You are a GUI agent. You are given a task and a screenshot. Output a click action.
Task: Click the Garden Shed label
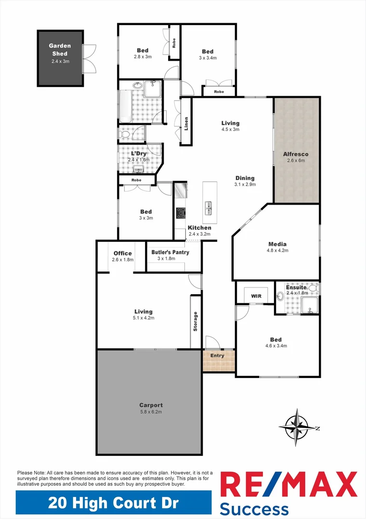click(60, 50)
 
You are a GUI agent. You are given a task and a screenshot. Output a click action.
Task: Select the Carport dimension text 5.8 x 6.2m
click(151, 412)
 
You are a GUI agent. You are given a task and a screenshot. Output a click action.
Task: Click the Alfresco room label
click(296, 154)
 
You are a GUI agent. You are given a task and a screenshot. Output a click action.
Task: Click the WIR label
click(256, 296)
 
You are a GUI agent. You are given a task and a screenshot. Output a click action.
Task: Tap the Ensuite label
click(296, 287)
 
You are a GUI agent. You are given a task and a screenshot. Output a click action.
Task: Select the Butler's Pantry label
click(170, 252)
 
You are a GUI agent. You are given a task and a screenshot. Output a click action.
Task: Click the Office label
click(122, 254)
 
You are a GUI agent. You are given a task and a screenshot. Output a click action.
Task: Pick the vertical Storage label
click(196, 322)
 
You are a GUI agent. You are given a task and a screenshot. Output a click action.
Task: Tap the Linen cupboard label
click(186, 123)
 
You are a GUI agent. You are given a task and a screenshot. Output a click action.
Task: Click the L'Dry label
click(139, 154)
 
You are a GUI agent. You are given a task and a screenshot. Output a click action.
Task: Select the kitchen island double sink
click(209, 208)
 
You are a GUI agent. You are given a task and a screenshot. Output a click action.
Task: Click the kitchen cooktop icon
click(181, 213)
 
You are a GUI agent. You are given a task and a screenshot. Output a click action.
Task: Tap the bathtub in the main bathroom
click(124, 106)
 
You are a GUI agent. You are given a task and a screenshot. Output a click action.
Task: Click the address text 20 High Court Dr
click(113, 504)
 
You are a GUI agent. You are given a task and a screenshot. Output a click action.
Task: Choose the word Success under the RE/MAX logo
click(254, 508)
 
